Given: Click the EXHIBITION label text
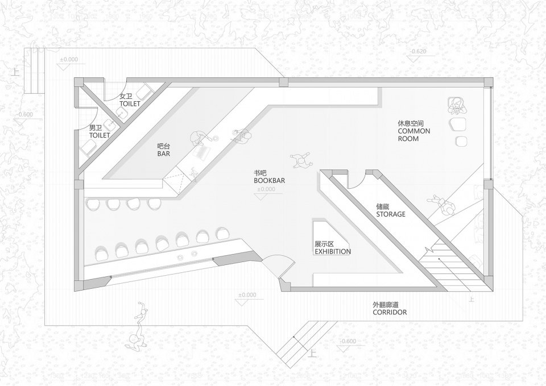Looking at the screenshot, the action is pos(332,248).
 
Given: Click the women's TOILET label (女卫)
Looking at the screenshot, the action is pos(129,101).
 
